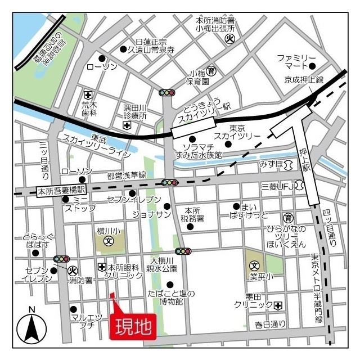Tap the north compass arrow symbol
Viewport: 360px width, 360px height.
pyautogui.click(x=31, y=326)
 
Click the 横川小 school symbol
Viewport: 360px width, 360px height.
pyautogui.click(x=110, y=241)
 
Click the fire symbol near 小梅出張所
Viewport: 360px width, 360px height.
pyautogui.click(x=229, y=39)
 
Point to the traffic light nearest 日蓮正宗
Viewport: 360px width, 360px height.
pyautogui.click(x=167, y=93)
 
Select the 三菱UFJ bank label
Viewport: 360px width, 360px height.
pyautogui.click(x=277, y=186)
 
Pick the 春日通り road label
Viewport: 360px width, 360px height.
pyautogui.click(x=269, y=324)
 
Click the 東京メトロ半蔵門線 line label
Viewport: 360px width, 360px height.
pyautogui.click(x=318, y=287)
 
